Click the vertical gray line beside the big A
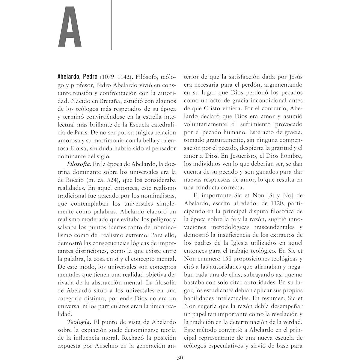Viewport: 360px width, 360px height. [111, 25]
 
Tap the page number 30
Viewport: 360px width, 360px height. [180, 357]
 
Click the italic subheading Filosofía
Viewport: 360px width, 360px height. [79, 164]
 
